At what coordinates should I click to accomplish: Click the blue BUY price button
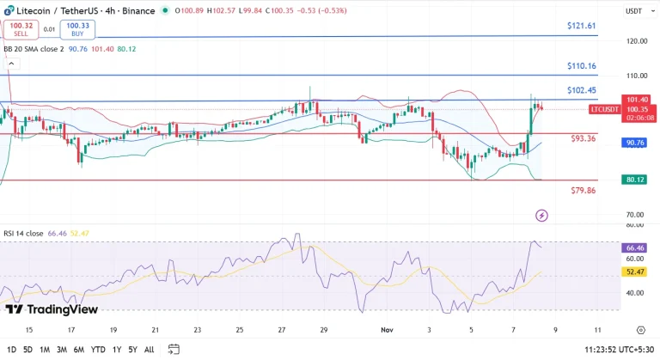click(x=77, y=29)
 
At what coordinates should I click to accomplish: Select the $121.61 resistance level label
click(x=582, y=27)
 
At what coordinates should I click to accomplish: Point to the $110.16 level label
click(x=582, y=66)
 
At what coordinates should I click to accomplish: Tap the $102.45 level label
click(x=582, y=91)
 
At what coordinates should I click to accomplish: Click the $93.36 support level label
click(x=584, y=138)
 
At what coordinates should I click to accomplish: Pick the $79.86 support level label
click(x=584, y=191)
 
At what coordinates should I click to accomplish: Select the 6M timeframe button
click(x=79, y=350)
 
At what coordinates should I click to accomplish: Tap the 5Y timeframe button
click(x=132, y=350)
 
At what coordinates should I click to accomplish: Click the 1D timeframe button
click(x=10, y=350)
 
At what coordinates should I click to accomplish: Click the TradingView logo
click(x=51, y=309)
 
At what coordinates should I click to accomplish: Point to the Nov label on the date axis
click(x=386, y=330)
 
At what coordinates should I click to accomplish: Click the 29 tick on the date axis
click(x=323, y=330)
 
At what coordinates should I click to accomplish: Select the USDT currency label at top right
click(x=633, y=11)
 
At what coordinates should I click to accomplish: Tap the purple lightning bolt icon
click(x=541, y=215)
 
